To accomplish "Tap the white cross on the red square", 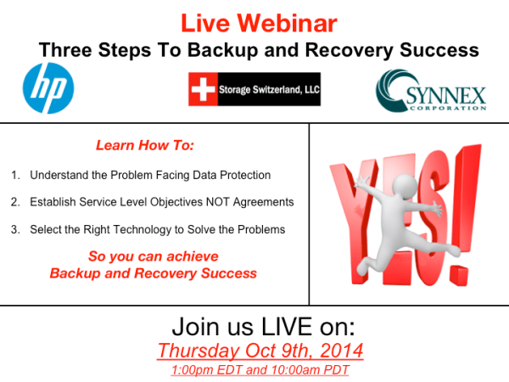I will click(x=202, y=89).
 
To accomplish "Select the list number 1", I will click(x=15, y=176).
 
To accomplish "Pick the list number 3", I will click(x=15, y=229).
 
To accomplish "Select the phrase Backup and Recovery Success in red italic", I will click(x=153, y=273).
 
